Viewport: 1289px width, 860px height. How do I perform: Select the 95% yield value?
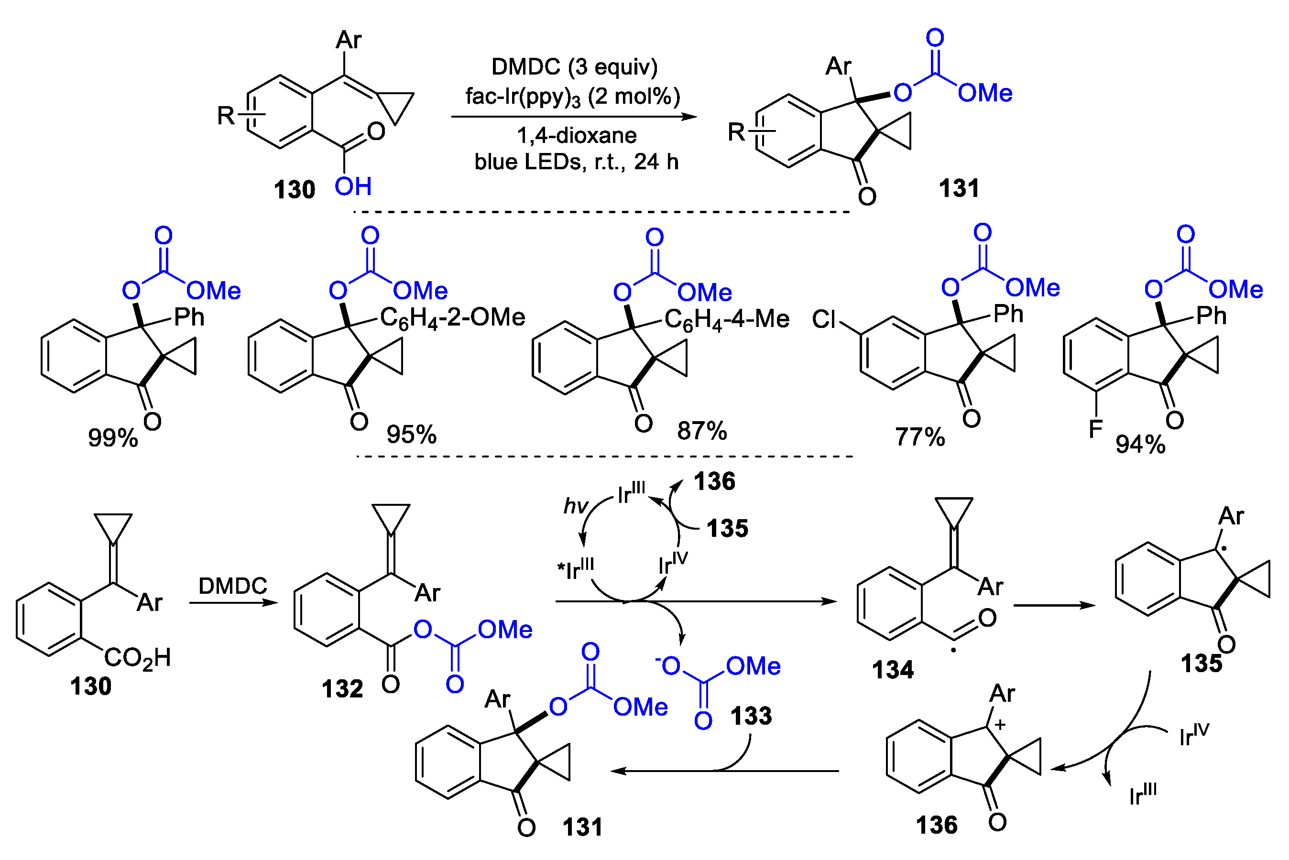(411, 435)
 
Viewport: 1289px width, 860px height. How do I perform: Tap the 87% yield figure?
(701, 431)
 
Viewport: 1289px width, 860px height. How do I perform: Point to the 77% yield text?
(920, 437)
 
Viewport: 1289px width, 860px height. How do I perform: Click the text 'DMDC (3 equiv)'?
(574, 67)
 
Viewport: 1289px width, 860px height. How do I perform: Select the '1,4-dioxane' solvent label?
(577, 135)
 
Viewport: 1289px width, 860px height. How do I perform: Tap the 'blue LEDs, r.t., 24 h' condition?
(576, 162)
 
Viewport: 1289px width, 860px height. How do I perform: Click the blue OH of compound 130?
(353, 186)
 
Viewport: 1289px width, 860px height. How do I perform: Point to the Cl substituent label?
(824, 319)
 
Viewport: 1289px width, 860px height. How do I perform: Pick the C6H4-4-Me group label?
(726, 320)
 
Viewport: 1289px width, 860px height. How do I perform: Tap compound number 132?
(342, 689)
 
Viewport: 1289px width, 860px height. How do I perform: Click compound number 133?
(751, 716)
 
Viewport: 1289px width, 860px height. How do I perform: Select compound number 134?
(893, 670)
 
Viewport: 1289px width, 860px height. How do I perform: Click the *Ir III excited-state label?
(575, 569)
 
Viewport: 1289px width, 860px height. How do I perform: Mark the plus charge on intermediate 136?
(1000, 725)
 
